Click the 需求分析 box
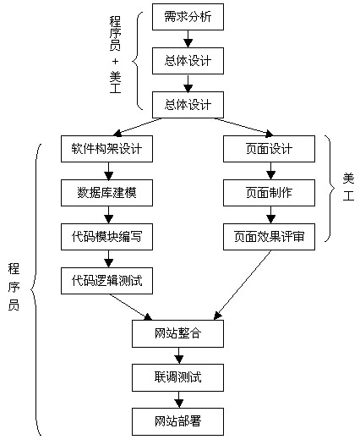pyautogui.click(x=188, y=16)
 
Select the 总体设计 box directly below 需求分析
pyautogui.click(x=188, y=60)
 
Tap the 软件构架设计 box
pyautogui.click(x=106, y=149)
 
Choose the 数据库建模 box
pyautogui.click(x=106, y=194)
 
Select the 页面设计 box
pyautogui.click(x=269, y=149)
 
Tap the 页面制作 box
pyautogui.click(x=269, y=194)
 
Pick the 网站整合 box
pyautogui.click(x=178, y=333)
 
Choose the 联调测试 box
pyautogui.click(x=178, y=376)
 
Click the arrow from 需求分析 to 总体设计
pyautogui.click(x=188, y=38)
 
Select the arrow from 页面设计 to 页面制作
pyautogui.click(x=269, y=171)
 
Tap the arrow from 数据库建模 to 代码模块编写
pyautogui.click(x=106, y=216)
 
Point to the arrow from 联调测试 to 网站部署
pyautogui.click(x=178, y=398)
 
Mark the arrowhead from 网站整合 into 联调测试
pyautogui.click(x=178, y=360)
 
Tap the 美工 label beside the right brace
pyautogui.click(x=347, y=185)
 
